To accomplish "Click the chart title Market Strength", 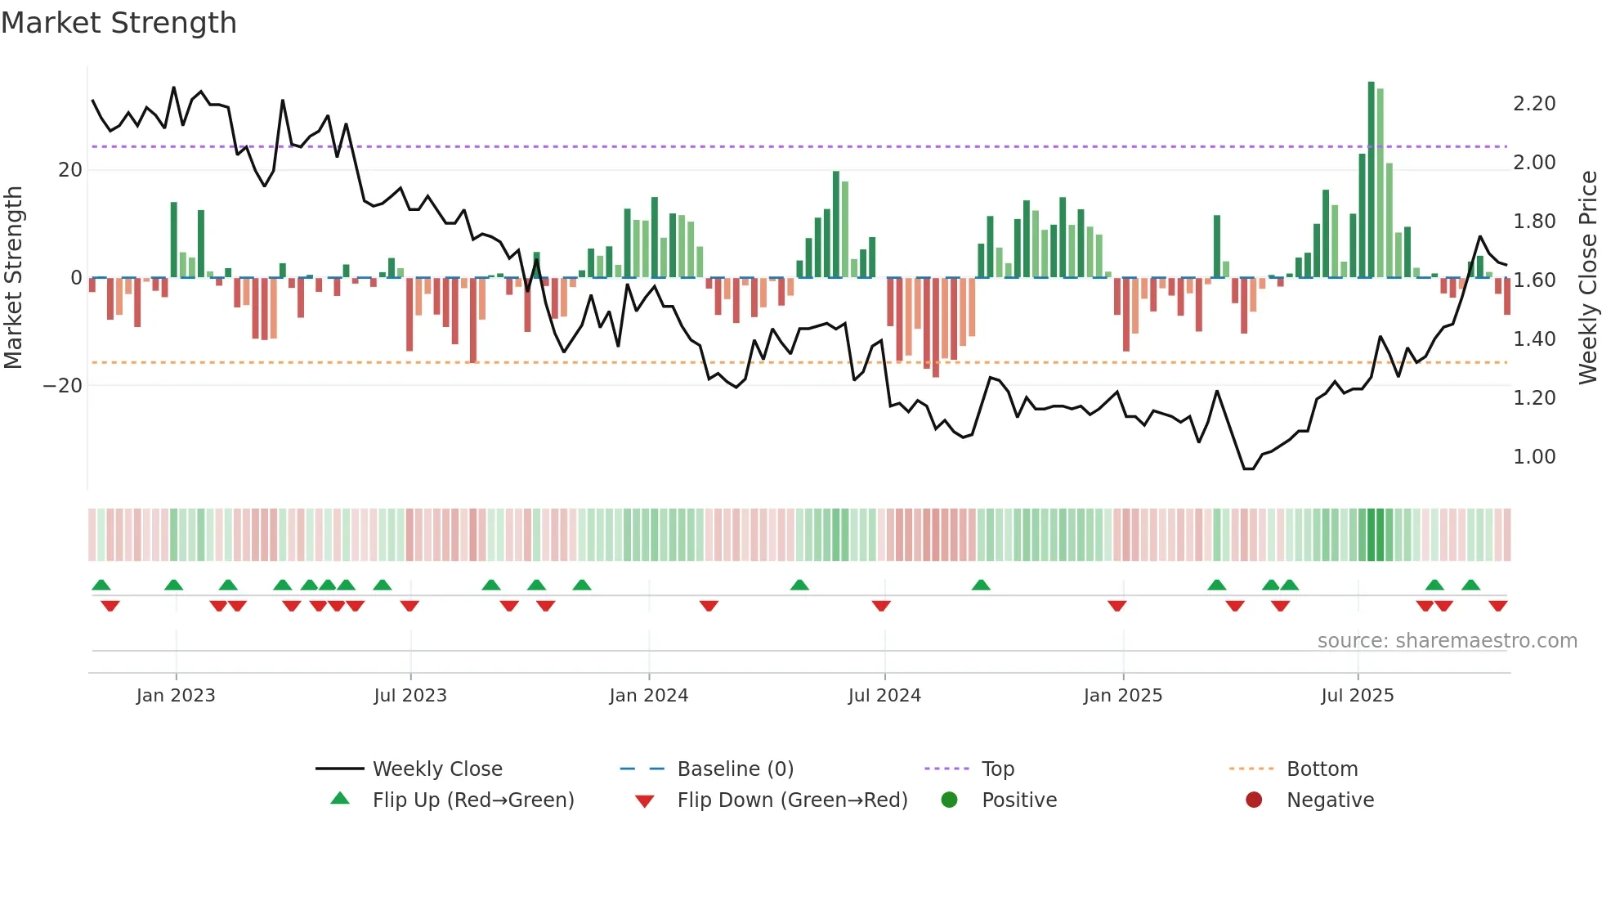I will (x=119, y=23).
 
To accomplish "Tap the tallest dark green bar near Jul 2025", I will (x=1372, y=180).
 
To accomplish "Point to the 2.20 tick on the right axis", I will (x=1533, y=104).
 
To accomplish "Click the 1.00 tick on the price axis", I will (x=1533, y=457).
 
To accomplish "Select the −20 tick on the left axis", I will (x=63, y=386).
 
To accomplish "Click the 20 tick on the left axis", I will (x=70, y=170).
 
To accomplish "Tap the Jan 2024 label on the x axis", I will (x=648, y=696).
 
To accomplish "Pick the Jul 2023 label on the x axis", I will (x=409, y=696).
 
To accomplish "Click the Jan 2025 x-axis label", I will (x=1122, y=696).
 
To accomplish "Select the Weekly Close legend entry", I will (x=436, y=769).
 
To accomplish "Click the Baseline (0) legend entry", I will (x=735, y=769).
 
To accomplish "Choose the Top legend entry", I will (x=997, y=769).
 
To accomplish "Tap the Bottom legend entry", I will (x=1322, y=769).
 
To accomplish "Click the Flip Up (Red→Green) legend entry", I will (x=472, y=800).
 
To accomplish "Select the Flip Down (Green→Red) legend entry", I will (x=791, y=800).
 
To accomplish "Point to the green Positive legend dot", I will (x=949, y=800).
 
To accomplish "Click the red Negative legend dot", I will (x=1254, y=800).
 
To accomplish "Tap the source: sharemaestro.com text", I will (x=1447, y=641).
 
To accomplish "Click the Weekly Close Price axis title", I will (x=1587, y=278).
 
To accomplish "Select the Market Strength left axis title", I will (x=14, y=278).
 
